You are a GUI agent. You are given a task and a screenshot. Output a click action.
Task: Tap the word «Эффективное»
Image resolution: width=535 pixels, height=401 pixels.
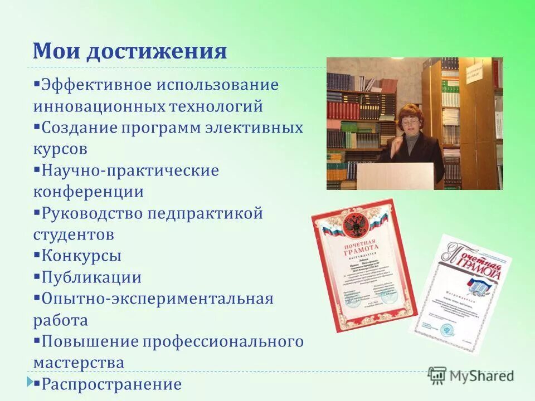pos(96,86)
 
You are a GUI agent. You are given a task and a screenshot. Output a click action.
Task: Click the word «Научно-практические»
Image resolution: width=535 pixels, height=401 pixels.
pos(130,170)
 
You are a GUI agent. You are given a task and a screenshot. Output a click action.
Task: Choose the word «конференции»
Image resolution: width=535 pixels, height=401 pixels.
pos(88,192)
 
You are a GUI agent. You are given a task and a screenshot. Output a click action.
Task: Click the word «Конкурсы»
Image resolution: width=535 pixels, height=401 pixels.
pos(81,256)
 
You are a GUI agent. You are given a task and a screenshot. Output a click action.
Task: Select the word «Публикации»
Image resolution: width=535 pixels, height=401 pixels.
pos(91,277)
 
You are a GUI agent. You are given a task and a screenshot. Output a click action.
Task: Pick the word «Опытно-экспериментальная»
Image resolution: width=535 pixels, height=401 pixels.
pos(157,299)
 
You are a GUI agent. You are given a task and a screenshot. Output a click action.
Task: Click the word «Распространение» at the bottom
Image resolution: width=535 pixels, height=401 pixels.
pos(111,384)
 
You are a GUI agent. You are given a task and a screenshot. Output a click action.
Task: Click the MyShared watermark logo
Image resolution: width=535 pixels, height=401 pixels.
pos(471,375)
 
